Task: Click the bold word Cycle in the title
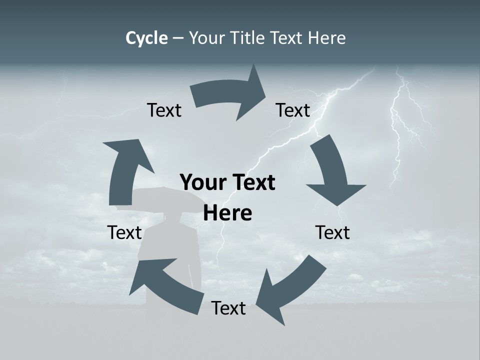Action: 146,38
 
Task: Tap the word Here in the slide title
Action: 327,38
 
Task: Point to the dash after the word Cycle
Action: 177,38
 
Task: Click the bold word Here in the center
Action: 227,213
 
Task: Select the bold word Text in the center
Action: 252,183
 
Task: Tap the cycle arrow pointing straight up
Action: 125,170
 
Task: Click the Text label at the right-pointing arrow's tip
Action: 293,110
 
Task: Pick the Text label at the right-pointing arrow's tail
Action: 164,110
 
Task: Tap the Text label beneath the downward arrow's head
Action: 332,232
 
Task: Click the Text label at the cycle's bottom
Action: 228,308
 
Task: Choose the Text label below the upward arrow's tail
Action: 124,232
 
